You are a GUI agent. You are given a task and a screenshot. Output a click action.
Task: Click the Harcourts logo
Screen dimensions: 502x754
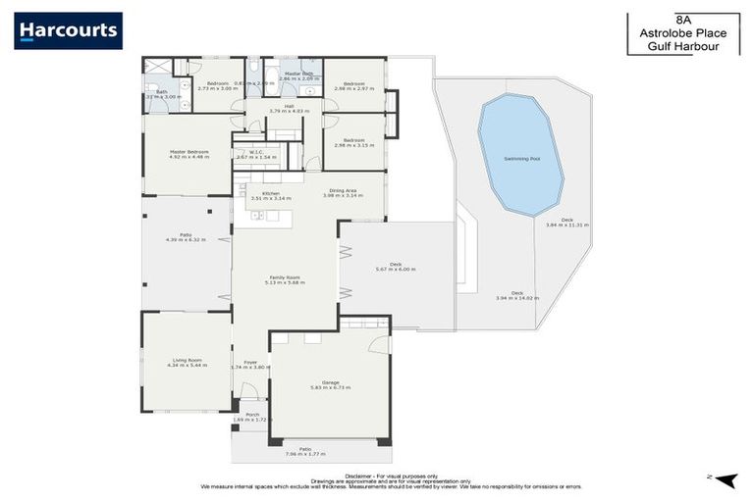tap(68, 30)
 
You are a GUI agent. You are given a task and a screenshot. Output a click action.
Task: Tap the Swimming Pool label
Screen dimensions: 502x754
tap(520, 157)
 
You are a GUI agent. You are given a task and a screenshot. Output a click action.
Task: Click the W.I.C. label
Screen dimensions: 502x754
tap(253, 152)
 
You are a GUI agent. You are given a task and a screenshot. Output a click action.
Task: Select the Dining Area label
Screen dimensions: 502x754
tap(343, 191)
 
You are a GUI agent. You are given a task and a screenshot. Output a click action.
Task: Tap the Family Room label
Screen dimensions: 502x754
tap(285, 277)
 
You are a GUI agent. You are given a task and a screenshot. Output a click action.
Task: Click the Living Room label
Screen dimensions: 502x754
tap(187, 360)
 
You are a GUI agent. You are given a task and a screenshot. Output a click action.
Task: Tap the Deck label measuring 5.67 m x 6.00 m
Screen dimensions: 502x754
tap(396, 265)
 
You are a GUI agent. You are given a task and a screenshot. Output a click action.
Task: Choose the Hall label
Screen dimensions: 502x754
tap(289, 106)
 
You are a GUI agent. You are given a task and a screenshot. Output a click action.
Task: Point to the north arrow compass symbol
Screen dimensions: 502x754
tap(726, 478)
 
